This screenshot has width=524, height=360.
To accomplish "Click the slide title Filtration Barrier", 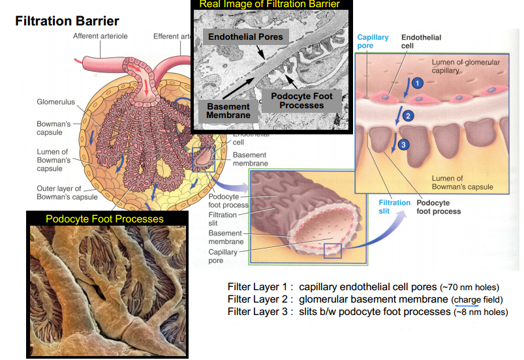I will click(67, 22).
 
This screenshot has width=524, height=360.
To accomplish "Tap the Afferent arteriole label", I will click(100, 36).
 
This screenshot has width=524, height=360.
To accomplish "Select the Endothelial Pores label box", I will click(245, 37).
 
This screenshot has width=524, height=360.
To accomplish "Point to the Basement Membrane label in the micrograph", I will click(228, 110).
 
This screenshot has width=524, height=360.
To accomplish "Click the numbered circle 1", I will click(418, 83).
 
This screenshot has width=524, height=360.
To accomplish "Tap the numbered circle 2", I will click(408, 116).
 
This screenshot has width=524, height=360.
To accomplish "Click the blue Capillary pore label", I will click(373, 42).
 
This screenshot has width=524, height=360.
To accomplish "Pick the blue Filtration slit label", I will click(395, 207).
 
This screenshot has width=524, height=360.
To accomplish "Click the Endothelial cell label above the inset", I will click(421, 42).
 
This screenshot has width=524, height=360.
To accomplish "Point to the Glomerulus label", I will click(55, 102).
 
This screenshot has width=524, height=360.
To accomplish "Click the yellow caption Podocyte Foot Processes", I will click(105, 219).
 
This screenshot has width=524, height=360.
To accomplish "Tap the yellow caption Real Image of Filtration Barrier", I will click(270, 5).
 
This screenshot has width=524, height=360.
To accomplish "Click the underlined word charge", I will click(466, 299).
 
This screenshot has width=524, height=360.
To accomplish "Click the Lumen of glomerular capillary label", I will click(466, 66).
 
